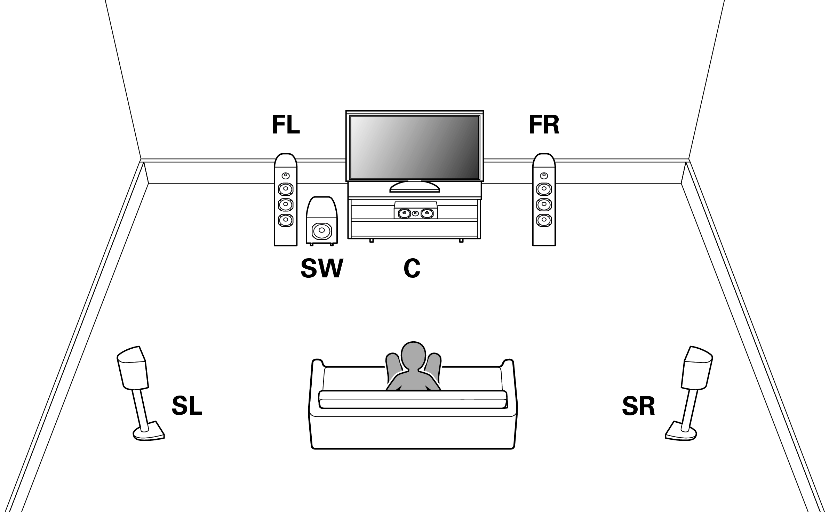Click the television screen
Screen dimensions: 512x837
414,147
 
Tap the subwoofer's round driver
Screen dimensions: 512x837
322,230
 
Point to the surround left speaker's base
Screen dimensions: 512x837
149,432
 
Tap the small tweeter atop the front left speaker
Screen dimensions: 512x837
286,176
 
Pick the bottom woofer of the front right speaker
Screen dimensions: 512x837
544,220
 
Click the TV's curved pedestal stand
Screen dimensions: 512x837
414,187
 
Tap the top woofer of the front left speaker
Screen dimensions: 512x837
286,189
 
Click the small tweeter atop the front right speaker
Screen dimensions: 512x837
544,176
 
